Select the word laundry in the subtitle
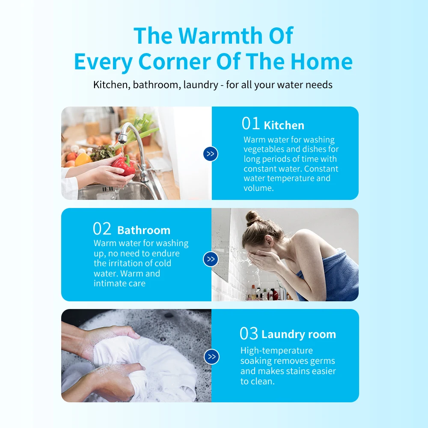click(x=200, y=85)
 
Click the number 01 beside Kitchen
click(x=251, y=124)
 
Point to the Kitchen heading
click(x=284, y=125)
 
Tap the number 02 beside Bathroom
click(x=102, y=229)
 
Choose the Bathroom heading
click(x=144, y=230)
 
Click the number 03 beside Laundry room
click(x=249, y=333)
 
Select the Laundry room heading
click(x=299, y=334)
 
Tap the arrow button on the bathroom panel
click(x=211, y=259)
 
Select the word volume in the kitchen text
click(x=259, y=188)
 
